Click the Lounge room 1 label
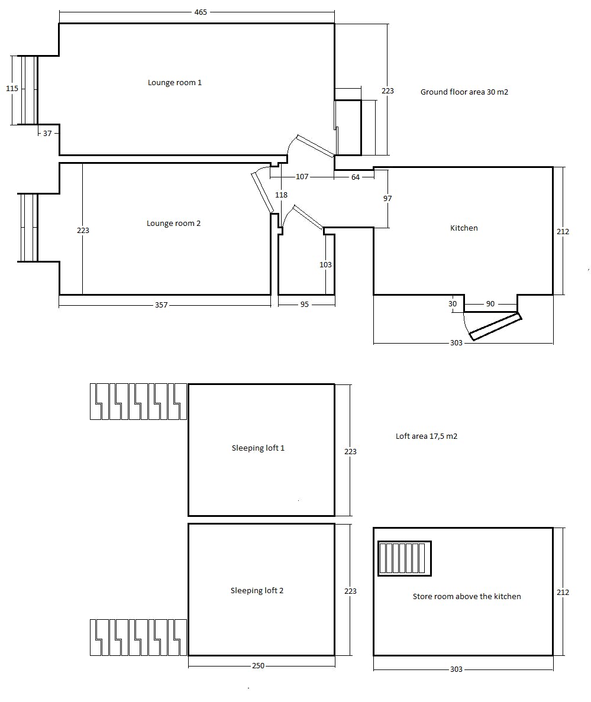[175, 83]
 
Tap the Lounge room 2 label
[173, 224]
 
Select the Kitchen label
[464, 228]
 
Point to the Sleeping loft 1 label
[258, 448]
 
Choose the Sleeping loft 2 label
[257, 591]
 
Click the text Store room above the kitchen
[467, 597]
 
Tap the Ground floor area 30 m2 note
[464, 92]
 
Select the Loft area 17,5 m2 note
[427, 436]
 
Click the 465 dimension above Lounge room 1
[201, 12]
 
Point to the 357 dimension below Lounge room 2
[161, 305]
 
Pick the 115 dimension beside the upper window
[12, 89]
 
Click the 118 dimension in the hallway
[281, 195]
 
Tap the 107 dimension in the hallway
[302, 177]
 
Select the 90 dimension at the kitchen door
[490, 304]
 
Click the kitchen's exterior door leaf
[496, 327]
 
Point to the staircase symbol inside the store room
[405, 559]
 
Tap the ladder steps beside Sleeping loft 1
[138, 402]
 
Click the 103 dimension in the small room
[325, 265]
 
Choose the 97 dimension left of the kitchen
[387, 199]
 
